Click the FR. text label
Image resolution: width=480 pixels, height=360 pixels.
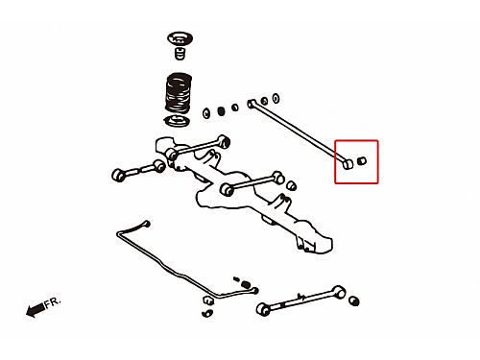[52, 302]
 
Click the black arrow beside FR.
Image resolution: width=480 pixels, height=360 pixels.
[36, 310]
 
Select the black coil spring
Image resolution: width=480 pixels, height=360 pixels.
[179, 93]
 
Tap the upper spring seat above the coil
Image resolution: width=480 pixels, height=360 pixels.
[180, 38]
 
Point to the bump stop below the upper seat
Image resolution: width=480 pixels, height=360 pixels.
[180, 53]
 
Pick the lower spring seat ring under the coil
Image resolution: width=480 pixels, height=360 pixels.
[177, 121]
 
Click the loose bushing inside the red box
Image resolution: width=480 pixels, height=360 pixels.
[362, 160]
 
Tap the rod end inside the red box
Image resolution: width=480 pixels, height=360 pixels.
[348, 164]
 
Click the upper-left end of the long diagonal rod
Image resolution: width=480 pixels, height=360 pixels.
[252, 104]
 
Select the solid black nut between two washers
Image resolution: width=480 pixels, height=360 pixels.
[221, 111]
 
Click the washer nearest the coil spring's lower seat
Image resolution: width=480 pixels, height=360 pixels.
[206, 113]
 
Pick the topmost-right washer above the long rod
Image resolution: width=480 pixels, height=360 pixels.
[276, 98]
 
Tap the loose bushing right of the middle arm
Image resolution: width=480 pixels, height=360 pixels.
[291, 185]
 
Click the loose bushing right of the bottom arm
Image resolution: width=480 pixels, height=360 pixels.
[354, 300]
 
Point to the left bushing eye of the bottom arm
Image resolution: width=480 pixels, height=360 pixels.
[263, 309]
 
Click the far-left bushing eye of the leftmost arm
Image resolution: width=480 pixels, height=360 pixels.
[118, 175]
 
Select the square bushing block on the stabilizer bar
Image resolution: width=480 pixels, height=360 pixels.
[208, 300]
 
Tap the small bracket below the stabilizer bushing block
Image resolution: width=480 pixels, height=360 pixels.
[207, 313]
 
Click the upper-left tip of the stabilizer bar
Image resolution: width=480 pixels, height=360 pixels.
[147, 224]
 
